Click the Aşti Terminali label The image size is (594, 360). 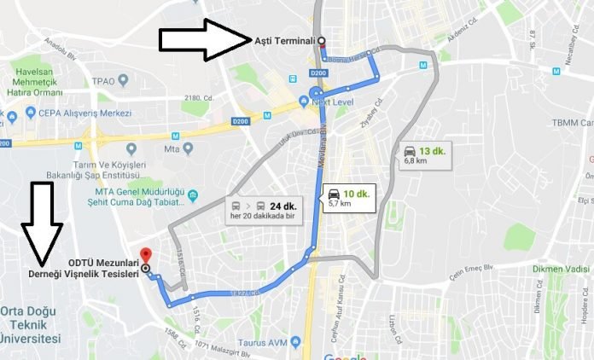(284, 40)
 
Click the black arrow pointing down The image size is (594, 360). (42, 224)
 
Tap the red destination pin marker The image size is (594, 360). (145, 255)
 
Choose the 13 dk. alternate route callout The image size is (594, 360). (424, 155)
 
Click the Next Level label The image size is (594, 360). (334, 102)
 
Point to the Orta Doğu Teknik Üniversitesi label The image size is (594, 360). (32, 324)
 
